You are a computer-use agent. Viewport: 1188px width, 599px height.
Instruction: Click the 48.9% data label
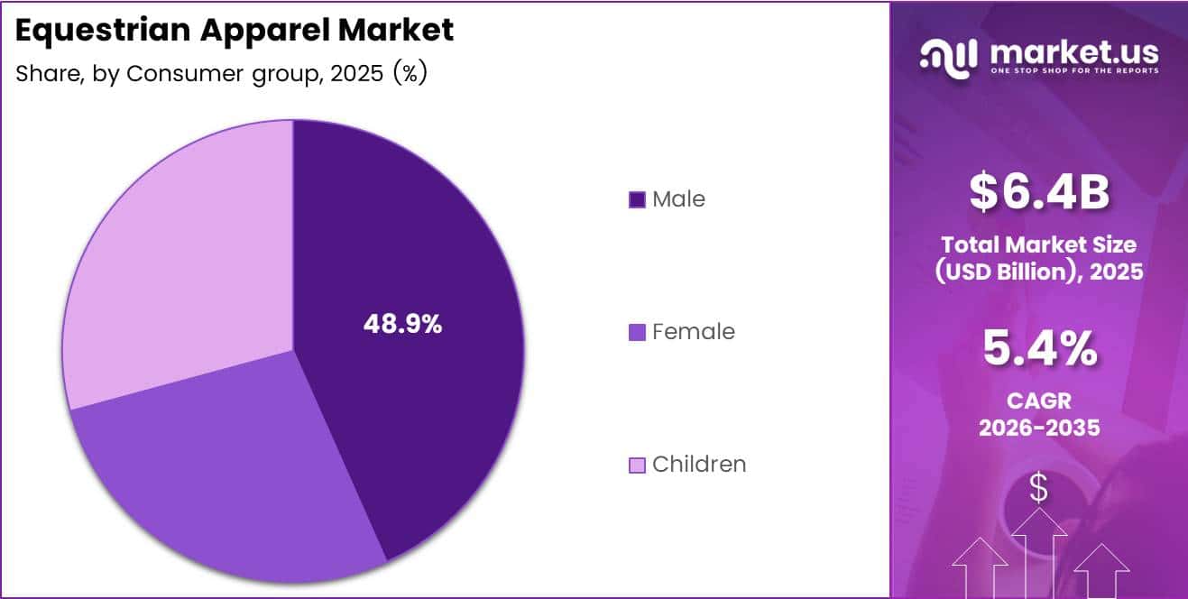click(402, 325)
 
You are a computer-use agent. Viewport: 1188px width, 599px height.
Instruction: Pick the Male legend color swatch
click(637, 199)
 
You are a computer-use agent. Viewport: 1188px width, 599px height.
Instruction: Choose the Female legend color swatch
click(637, 332)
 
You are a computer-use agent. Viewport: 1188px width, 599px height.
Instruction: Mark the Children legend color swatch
click(637, 465)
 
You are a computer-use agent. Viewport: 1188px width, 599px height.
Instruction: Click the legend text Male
click(678, 199)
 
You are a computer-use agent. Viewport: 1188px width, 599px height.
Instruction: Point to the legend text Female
click(693, 332)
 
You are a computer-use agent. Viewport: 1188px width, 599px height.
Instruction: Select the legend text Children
click(699, 465)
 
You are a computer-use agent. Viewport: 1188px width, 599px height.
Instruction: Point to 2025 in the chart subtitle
click(357, 73)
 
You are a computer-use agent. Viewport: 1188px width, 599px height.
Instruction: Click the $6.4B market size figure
click(1039, 193)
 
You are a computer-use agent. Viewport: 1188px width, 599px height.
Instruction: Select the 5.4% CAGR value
click(1039, 349)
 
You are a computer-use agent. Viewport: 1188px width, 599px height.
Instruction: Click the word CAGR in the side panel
click(1039, 401)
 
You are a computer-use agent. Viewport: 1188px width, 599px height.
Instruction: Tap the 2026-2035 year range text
click(1039, 427)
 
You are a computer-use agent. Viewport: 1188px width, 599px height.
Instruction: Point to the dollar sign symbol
click(1039, 488)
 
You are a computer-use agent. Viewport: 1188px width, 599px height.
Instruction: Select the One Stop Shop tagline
click(1073, 70)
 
